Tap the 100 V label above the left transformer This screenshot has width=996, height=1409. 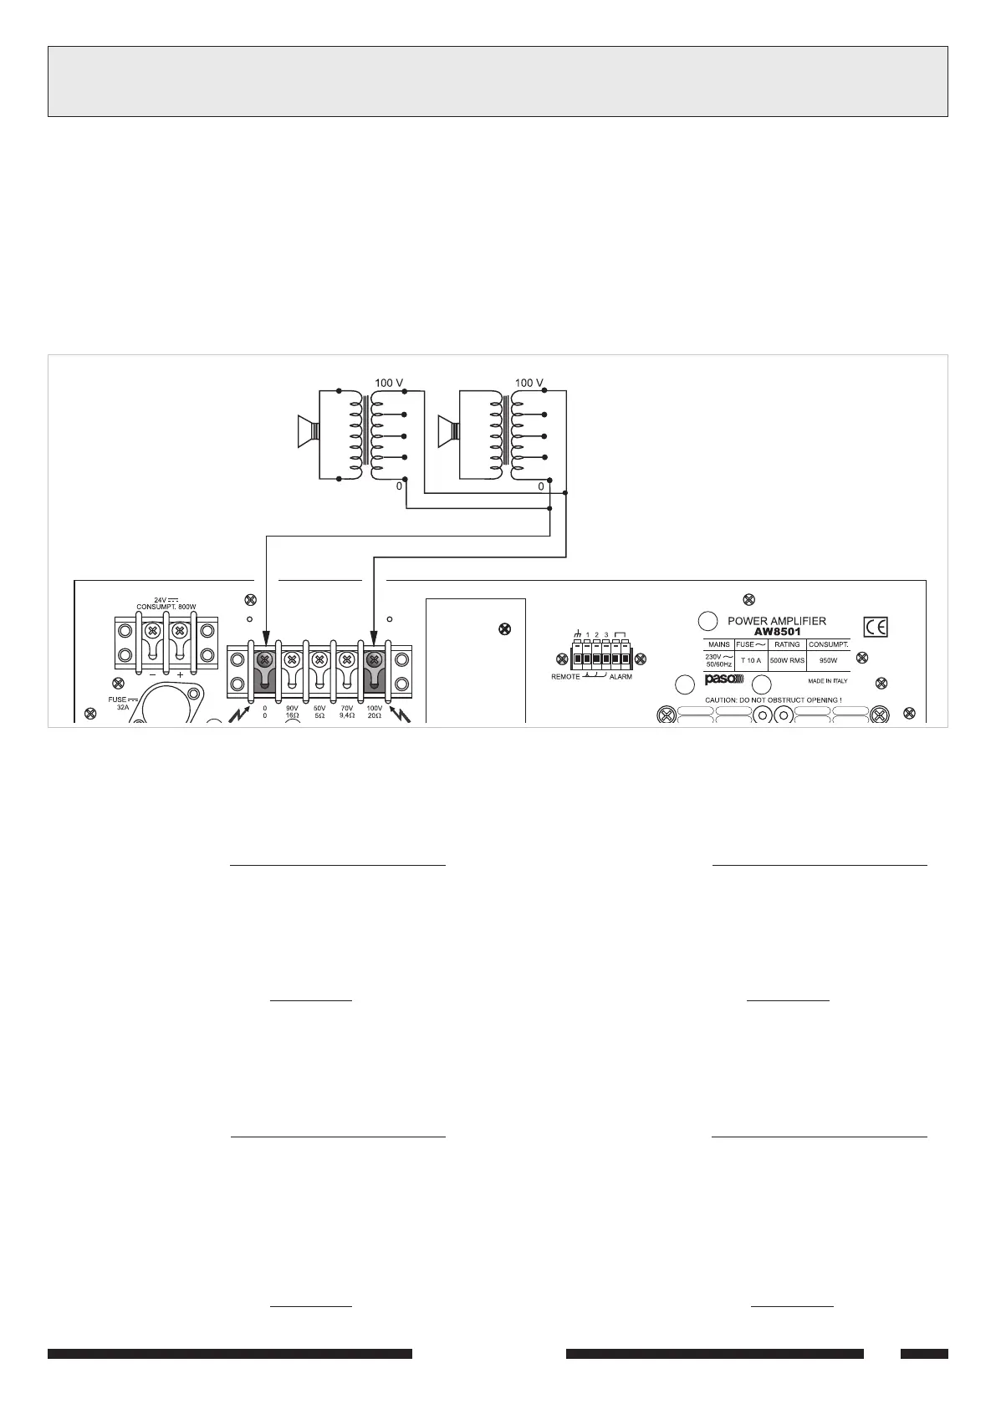point(390,383)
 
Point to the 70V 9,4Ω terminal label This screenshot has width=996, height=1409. point(347,712)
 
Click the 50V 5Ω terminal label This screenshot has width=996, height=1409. point(319,712)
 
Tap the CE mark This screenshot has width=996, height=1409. point(876,627)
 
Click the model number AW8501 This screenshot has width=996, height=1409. point(778,632)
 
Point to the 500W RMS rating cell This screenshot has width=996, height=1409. point(787,660)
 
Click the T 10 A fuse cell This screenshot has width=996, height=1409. point(751,660)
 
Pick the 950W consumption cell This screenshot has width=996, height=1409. point(828,660)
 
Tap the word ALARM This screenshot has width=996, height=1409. point(621,676)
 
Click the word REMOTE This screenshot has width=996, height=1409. point(565,676)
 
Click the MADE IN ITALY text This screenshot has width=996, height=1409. point(827,681)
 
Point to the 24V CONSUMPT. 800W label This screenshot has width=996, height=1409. point(166,603)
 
